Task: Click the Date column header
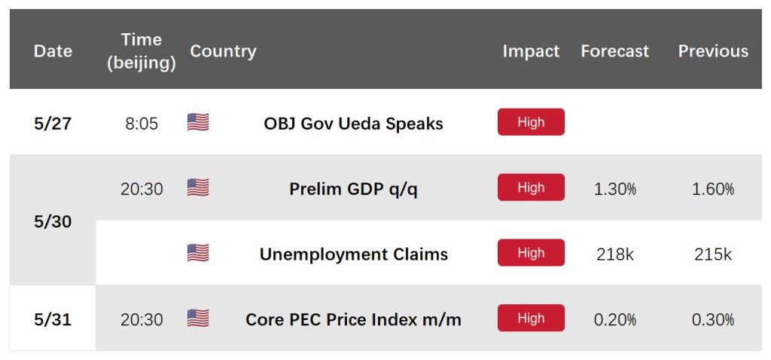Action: point(53,51)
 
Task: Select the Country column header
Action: point(223,51)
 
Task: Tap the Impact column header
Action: point(531,51)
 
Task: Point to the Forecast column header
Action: point(614,51)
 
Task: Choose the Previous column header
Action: point(713,51)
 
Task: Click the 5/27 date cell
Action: point(53,124)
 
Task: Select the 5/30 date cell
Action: point(53,222)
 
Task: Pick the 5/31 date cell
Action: point(53,319)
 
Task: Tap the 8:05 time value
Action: point(142,124)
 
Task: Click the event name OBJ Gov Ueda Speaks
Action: point(354,124)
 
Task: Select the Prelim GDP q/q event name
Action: point(354,189)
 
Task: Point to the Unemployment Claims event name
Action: point(354,255)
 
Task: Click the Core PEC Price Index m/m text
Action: point(354,319)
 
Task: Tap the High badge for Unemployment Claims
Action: point(531,253)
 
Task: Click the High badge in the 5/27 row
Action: point(531,122)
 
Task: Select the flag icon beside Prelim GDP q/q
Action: point(198,188)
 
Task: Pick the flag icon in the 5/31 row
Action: point(198,318)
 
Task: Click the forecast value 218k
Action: point(614,255)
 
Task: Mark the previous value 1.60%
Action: point(713,189)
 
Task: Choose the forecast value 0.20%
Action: point(614,319)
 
